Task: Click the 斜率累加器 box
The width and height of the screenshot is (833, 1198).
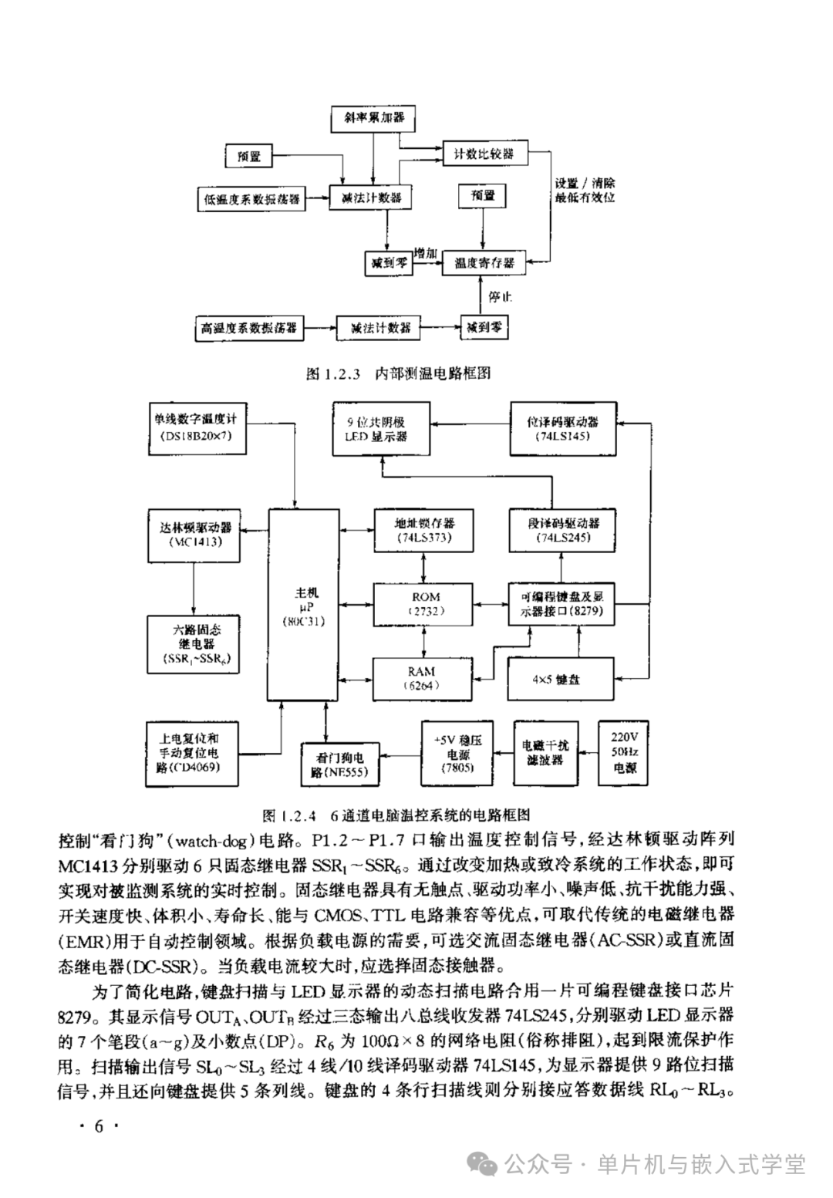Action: pyautogui.click(x=373, y=118)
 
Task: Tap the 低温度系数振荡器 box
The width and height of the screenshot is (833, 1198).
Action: pyautogui.click(x=251, y=198)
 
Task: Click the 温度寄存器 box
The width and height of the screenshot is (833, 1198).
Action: pyautogui.click(x=484, y=263)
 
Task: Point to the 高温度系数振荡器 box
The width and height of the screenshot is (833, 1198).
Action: pyautogui.click(x=249, y=328)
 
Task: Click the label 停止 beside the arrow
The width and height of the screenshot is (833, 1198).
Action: pyautogui.click(x=500, y=297)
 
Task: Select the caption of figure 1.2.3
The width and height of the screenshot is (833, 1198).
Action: pyautogui.click(x=398, y=374)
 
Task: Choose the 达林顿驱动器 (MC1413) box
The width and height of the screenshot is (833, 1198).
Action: pyautogui.click(x=194, y=535)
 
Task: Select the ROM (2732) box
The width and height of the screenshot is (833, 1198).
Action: pyautogui.click(x=425, y=604)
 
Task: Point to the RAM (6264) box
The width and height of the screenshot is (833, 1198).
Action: pyautogui.click(x=421, y=678)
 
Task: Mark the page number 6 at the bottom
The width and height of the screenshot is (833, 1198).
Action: pyautogui.click(x=98, y=1125)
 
